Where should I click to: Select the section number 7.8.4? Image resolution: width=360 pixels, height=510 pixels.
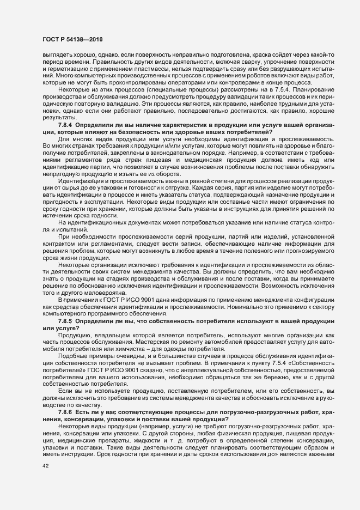[66, 140]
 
